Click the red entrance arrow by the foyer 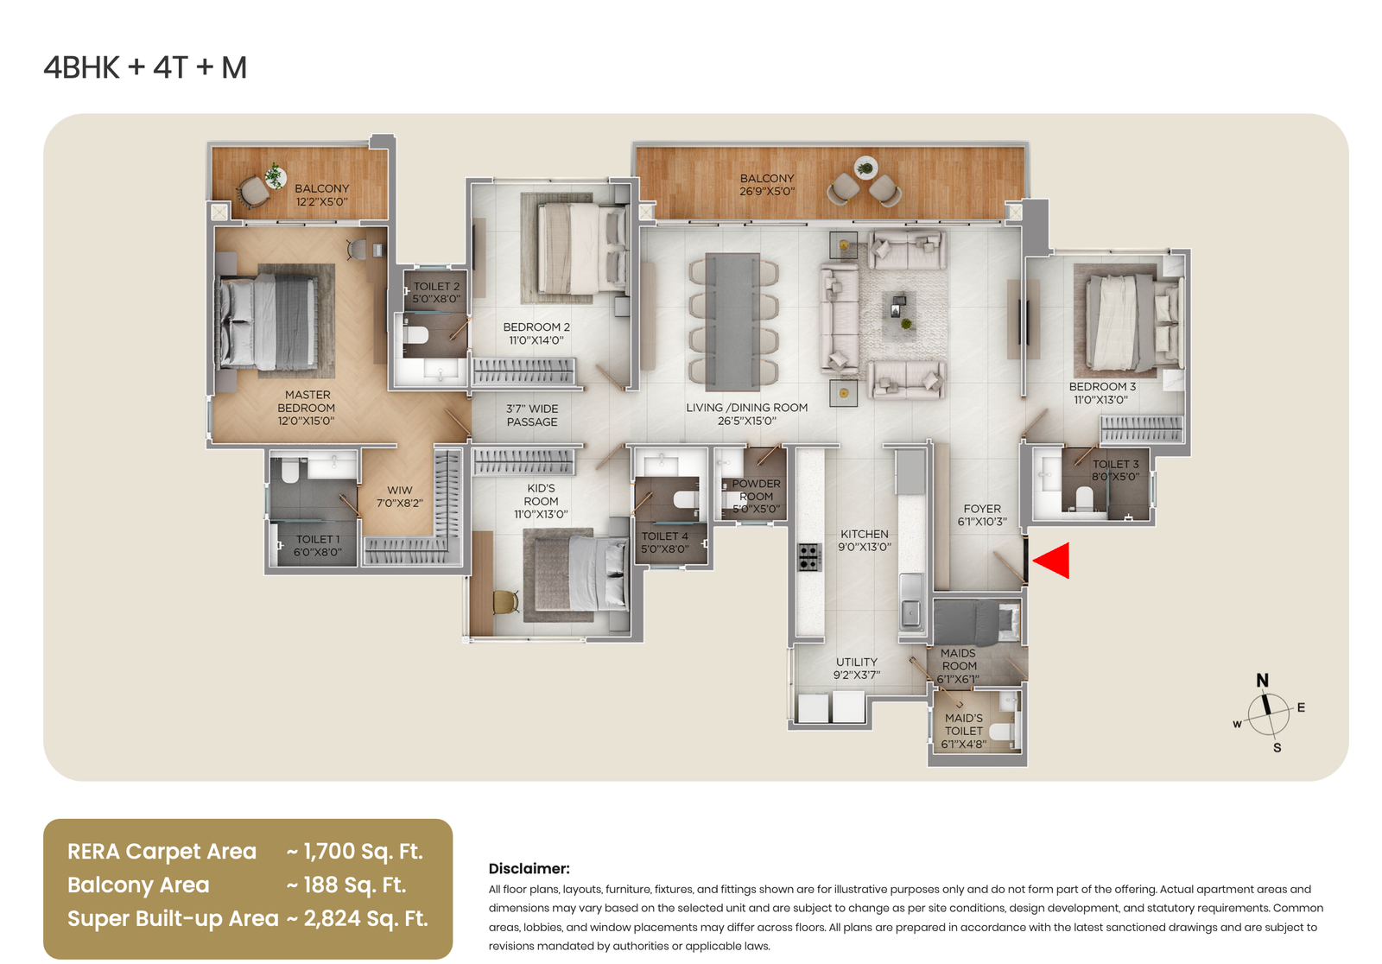[x=1053, y=561]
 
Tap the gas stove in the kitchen [x=810, y=556]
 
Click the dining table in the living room [x=732, y=321]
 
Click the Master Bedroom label [x=307, y=408]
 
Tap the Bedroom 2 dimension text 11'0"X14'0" [x=536, y=340]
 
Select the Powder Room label [x=757, y=490]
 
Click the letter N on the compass [x=1262, y=680]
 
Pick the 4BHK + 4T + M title [x=146, y=68]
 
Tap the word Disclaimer [x=529, y=869]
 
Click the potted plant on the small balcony [x=275, y=175]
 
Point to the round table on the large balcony [x=865, y=168]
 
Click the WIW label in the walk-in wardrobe [x=400, y=490]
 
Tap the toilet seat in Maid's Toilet [x=1002, y=732]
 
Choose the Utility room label [x=857, y=663]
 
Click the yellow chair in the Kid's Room [x=506, y=602]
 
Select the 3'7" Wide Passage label [x=532, y=415]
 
